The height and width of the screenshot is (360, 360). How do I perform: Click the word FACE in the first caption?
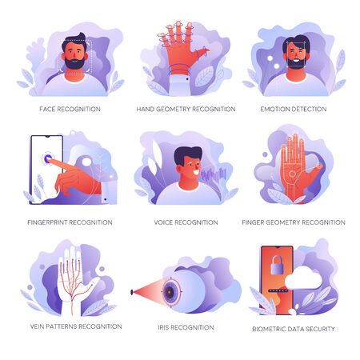[x=47, y=109]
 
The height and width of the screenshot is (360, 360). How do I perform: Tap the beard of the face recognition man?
[x=74, y=63]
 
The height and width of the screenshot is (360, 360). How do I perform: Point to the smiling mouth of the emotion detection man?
[x=296, y=60]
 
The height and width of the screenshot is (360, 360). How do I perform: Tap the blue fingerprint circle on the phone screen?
[x=48, y=159]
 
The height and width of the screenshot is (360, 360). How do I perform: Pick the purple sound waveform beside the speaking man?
[x=214, y=175]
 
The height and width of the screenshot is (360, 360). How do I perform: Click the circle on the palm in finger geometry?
[x=292, y=174]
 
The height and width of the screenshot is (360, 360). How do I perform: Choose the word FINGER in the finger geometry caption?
[x=253, y=222]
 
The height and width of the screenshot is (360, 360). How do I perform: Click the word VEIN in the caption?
[x=37, y=326]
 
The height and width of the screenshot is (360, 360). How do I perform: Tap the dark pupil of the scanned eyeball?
[x=170, y=292]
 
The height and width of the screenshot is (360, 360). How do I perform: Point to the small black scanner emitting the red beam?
[x=132, y=292]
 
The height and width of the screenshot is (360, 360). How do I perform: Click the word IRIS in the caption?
[x=163, y=327]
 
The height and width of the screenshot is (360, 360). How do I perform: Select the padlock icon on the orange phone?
[x=277, y=265]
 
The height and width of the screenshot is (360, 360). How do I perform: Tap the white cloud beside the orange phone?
[x=303, y=278]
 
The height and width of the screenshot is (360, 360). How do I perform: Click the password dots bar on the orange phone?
[x=278, y=291]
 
